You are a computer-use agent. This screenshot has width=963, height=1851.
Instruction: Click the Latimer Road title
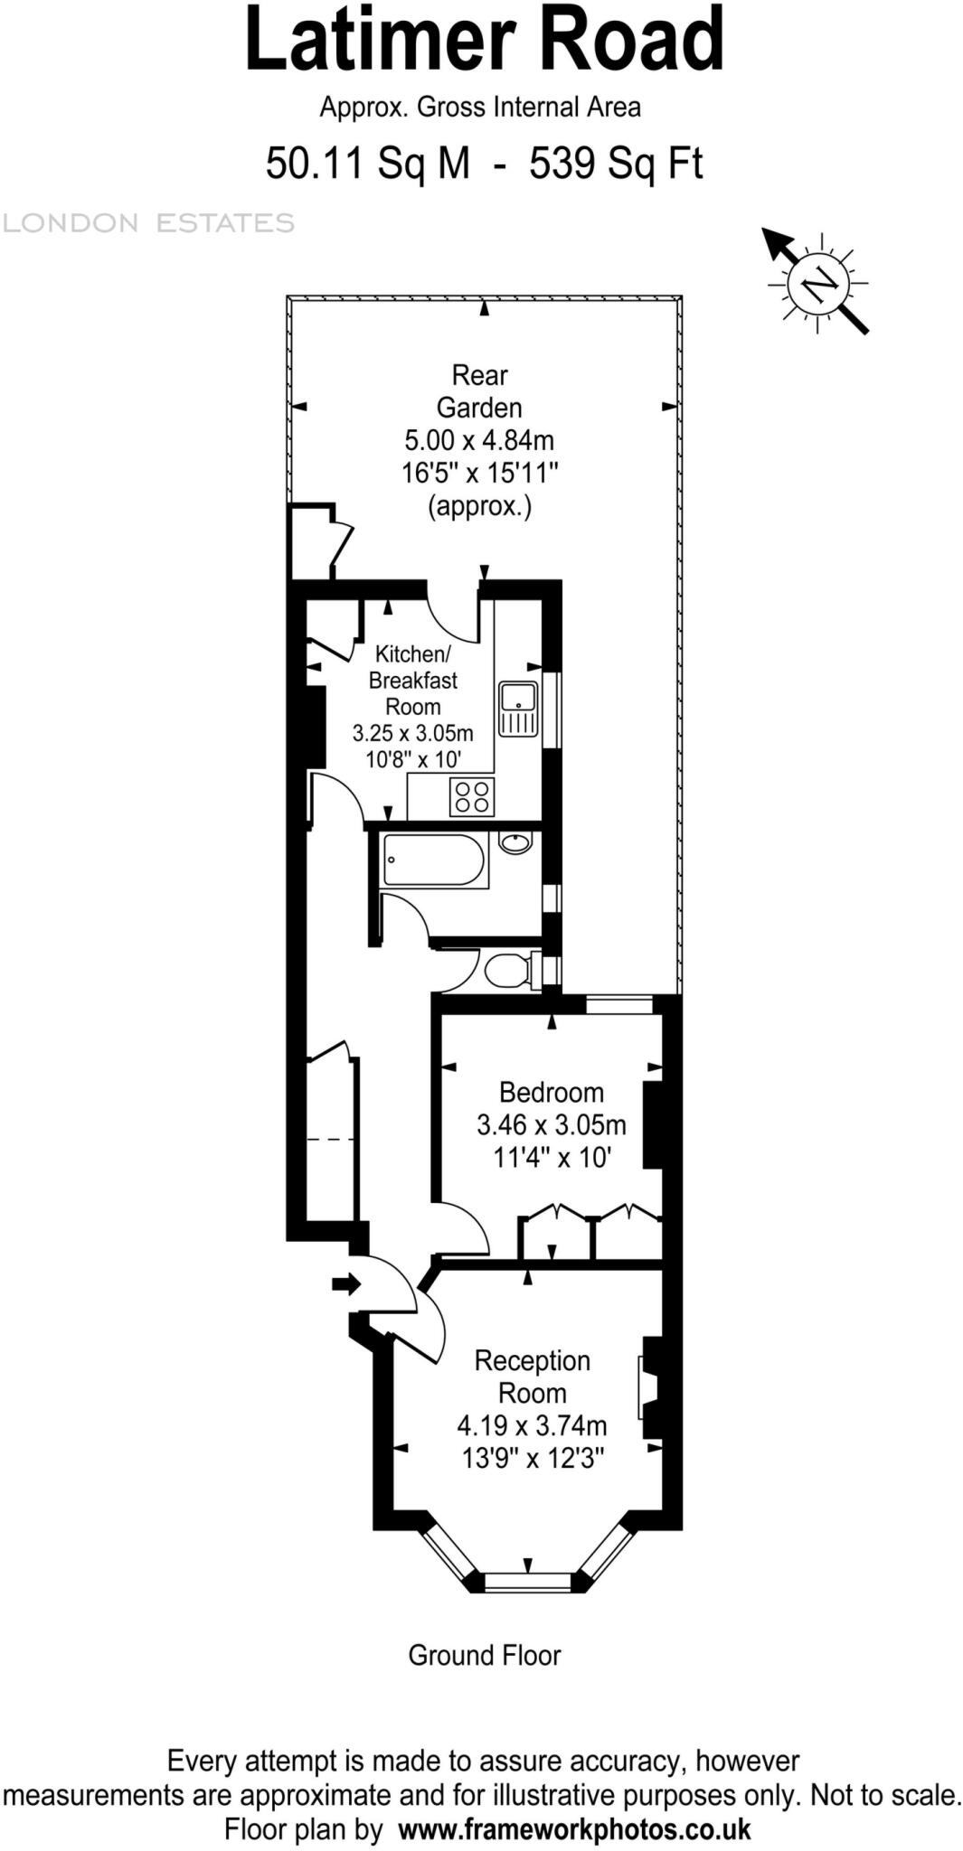(x=485, y=40)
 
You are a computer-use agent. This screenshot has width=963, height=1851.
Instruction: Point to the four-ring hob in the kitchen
(x=472, y=796)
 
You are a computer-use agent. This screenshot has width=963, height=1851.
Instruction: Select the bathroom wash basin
(x=515, y=843)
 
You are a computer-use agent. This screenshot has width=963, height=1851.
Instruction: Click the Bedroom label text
(x=551, y=1093)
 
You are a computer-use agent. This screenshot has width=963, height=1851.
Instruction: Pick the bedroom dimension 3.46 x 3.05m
(x=551, y=1125)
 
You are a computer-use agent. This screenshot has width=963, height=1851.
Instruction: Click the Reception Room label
(x=532, y=1376)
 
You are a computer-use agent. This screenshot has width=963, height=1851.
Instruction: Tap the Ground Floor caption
(x=485, y=1655)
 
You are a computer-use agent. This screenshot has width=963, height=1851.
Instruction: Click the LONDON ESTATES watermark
(x=149, y=223)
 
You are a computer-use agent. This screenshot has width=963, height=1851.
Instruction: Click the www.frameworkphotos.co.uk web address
(x=574, y=1829)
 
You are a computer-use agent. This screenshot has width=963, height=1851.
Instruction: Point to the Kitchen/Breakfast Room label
(x=412, y=680)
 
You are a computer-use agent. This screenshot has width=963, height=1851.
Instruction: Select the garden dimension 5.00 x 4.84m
(x=478, y=440)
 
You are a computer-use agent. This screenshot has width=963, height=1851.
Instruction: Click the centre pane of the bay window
(x=528, y=1582)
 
